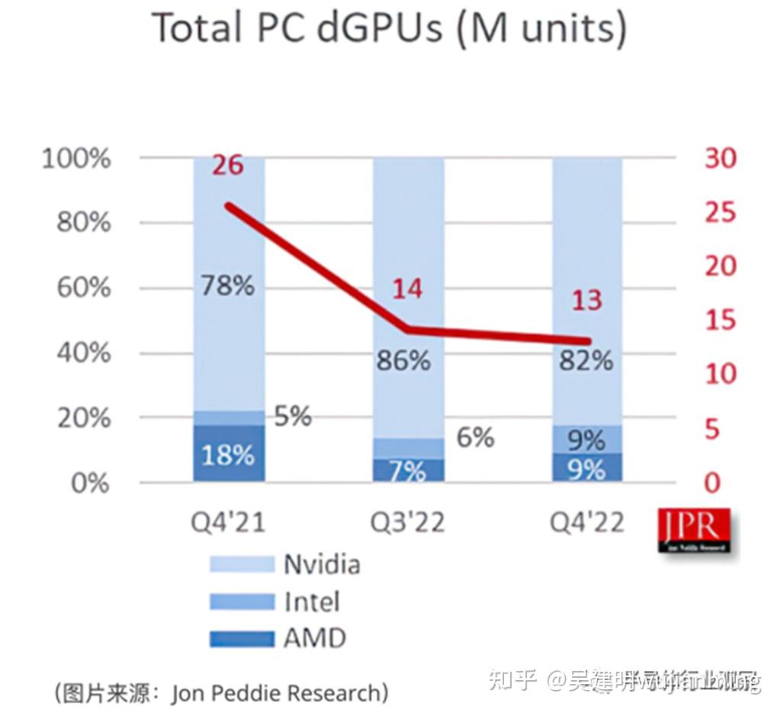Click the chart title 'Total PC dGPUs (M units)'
[x=390, y=28]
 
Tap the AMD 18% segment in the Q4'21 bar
[x=229, y=454]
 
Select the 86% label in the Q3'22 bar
[x=403, y=360]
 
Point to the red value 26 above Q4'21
[x=227, y=163]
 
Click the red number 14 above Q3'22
[x=407, y=289]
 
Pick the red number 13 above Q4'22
[x=587, y=300]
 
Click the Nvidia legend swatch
[x=242, y=564]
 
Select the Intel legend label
[x=311, y=602]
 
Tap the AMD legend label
[x=314, y=638]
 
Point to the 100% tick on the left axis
[x=77, y=160]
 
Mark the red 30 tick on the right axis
[x=721, y=159]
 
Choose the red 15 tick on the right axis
[x=721, y=320]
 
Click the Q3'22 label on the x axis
[x=407, y=523]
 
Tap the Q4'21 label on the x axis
[x=227, y=523]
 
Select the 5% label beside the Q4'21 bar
[x=292, y=416]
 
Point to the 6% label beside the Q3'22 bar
[x=475, y=437]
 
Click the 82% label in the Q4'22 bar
[x=586, y=360]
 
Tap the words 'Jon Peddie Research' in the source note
[x=275, y=693]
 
